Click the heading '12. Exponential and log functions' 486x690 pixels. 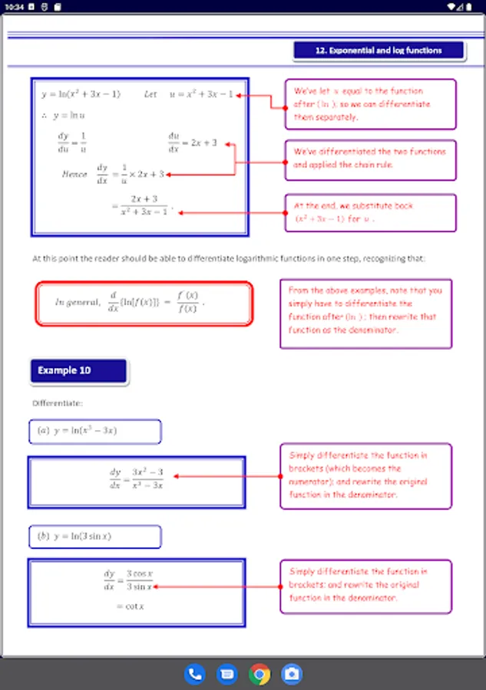pos(379,51)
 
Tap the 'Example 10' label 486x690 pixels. pos(64,370)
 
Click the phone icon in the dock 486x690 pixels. pos(195,674)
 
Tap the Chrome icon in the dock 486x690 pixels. pos(260,674)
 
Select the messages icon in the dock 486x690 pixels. pos(227,674)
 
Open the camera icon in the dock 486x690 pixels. pos(292,674)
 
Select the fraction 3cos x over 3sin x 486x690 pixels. pos(140,580)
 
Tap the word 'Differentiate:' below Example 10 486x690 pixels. pos(58,402)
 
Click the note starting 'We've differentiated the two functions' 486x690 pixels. pos(369,159)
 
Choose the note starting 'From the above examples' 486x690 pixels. pos(365,310)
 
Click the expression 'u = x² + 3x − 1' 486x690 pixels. pos(201,94)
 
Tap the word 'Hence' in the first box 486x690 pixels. pos(74,174)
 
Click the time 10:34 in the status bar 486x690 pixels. pos(14,6)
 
